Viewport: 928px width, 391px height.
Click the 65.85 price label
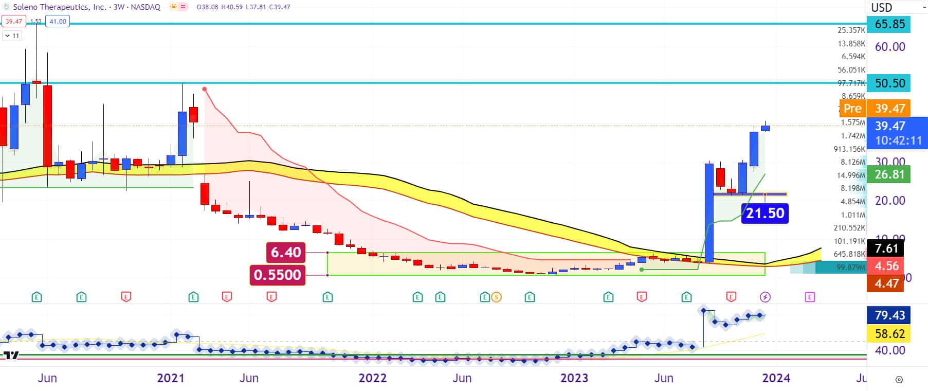point(889,24)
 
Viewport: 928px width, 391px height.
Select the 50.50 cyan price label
point(889,83)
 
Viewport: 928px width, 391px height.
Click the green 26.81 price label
point(889,174)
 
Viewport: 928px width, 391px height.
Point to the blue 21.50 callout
point(765,213)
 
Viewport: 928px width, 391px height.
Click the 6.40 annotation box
point(285,252)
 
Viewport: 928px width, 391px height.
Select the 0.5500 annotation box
point(277,275)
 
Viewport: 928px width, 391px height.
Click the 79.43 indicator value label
point(889,315)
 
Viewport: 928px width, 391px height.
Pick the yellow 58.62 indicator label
point(889,334)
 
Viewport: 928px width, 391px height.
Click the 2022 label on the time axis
point(372,378)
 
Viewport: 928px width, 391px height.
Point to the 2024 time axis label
point(776,378)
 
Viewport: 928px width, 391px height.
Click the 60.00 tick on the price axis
point(890,47)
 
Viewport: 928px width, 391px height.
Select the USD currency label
point(881,8)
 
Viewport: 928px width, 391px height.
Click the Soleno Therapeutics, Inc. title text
point(60,7)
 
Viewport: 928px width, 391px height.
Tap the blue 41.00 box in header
point(57,21)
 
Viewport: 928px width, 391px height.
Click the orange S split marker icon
point(496,297)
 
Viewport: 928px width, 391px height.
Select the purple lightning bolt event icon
point(765,297)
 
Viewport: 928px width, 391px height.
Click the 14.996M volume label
point(851,175)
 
